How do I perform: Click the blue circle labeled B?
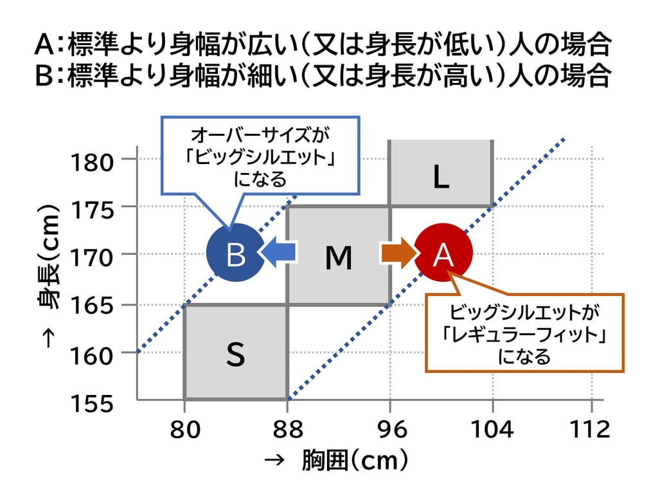pos(235,253)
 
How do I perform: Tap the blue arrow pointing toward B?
pos(280,252)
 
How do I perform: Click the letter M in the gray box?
pos(339,258)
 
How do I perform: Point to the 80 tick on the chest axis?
pos(184,428)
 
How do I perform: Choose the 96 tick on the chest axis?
pos(391,428)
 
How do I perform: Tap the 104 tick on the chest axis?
pos(492,428)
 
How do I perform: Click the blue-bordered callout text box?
pos(260,156)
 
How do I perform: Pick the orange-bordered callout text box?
pos(525,333)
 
